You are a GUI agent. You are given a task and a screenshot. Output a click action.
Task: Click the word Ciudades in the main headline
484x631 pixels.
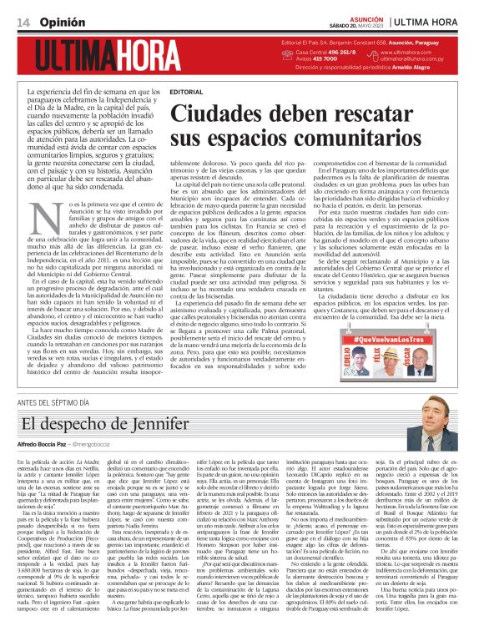point(233,112)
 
